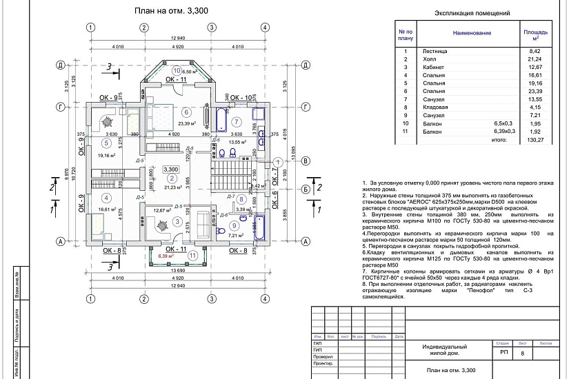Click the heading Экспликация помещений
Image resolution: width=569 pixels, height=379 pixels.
point(473,13)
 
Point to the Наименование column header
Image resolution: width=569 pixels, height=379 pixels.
point(472,32)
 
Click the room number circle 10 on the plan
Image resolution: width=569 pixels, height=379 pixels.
point(177,70)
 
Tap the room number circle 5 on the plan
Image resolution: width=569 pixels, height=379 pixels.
point(106,143)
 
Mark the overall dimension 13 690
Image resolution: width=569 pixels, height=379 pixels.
point(177,271)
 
